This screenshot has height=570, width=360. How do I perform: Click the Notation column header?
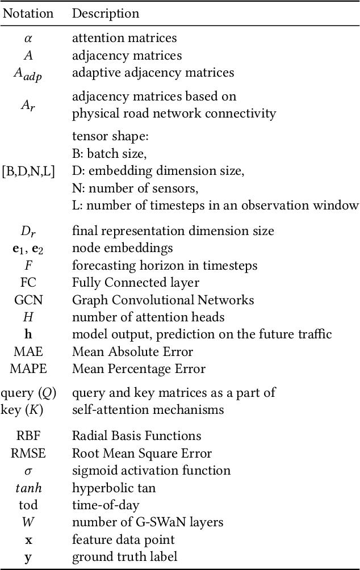[x=28, y=13]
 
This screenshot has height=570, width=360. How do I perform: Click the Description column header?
[x=105, y=13]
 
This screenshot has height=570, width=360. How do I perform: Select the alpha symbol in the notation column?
[x=28, y=39]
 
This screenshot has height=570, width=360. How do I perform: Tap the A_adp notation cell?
[x=28, y=74]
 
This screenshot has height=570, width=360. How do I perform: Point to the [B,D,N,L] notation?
[x=28, y=170]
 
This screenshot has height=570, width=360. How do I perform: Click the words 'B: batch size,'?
[x=108, y=153]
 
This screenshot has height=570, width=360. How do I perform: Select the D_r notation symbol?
[x=28, y=231]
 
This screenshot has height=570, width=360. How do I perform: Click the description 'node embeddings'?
[x=122, y=248]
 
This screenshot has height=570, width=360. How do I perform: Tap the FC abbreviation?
[x=28, y=283]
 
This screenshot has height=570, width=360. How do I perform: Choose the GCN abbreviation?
[x=28, y=300]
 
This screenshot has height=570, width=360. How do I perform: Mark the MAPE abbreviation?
[x=28, y=369]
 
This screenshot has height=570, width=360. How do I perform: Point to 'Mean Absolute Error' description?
[x=132, y=351]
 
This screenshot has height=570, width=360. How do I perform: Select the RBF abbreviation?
[x=28, y=436]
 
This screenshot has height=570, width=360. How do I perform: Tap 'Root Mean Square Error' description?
[x=141, y=453]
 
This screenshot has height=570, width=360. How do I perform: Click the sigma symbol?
[x=28, y=471]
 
